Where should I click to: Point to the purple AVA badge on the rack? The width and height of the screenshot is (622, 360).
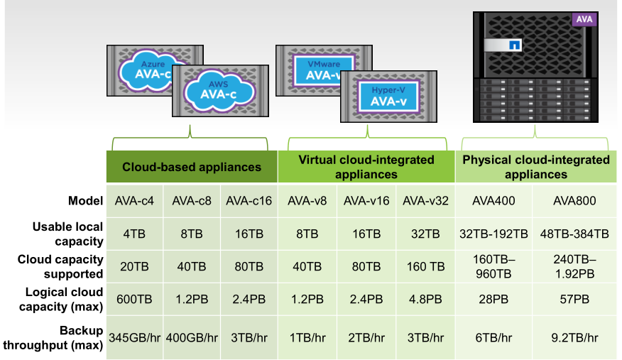pos(584,20)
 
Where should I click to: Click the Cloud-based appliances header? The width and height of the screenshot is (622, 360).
pos(192,168)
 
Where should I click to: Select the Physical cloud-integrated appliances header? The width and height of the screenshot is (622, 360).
pos(536,167)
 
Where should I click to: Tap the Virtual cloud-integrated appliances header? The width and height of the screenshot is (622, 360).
pos(366,167)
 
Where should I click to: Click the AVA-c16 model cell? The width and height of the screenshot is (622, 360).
pos(249,201)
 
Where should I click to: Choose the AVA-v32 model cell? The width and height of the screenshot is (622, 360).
pos(425,201)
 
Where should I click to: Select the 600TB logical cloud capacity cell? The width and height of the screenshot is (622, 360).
pos(135,300)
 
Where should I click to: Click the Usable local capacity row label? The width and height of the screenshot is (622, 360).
pos(67,234)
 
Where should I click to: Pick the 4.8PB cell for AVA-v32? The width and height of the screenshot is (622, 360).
pos(425,300)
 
